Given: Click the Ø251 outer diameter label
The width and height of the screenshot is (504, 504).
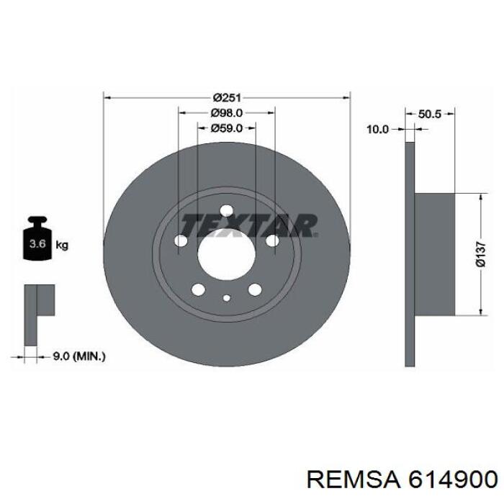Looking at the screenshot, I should tap(226, 97).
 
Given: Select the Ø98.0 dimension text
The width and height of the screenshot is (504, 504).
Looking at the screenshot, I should tap(226, 112).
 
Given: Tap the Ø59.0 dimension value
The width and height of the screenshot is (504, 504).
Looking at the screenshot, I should tap(226, 128).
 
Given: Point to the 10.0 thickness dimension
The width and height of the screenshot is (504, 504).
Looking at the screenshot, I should tap(377, 130).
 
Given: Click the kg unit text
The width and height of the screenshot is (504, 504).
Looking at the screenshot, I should tap(62, 246).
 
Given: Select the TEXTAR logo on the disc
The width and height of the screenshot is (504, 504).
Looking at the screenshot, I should tap(248, 225).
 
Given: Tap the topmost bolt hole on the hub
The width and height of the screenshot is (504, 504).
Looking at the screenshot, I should tap(226, 211).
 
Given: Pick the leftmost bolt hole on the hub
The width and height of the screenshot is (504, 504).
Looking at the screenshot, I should tap(180, 242).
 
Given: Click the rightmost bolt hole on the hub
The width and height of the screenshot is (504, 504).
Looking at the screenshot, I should tap(272, 242).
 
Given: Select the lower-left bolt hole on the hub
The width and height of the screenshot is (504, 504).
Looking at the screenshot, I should tap(197, 289).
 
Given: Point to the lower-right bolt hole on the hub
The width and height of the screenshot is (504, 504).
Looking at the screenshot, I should tap(255, 289).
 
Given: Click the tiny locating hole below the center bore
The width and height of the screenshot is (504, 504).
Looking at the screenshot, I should tap(226, 297).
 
